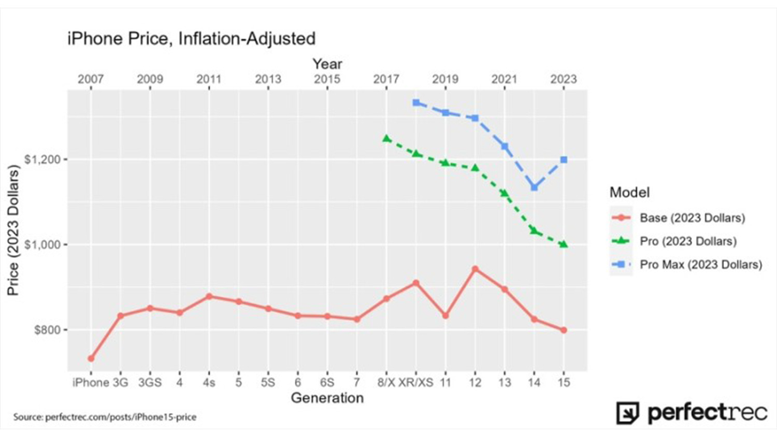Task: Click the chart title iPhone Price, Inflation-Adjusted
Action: tap(191, 39)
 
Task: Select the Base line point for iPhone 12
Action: tap(475, 269)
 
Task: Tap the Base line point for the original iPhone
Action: tap(91, 358)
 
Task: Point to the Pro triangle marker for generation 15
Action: tap(564, 244)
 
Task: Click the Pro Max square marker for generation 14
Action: tap(534, 187)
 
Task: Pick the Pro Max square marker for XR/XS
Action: tap(416, 103)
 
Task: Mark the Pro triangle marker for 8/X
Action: tap(386, 138)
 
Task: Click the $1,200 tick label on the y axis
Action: tap(42, 159)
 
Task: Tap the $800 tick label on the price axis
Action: tap(48, 330)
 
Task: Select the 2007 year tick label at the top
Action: tap(91, 79)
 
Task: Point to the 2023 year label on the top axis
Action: tap(564, 79)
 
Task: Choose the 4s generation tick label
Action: tap(209, 383)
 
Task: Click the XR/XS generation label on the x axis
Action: tap(416, 383)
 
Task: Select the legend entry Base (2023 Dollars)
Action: tap(692, 218)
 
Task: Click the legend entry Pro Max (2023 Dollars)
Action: tap(700, 265)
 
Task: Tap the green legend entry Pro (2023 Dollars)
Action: tap(688, 241)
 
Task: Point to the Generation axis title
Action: tap(327, 398)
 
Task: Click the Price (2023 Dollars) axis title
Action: tap(13, 230)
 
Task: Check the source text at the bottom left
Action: tap(105, 417)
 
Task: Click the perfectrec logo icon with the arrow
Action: tap(627, 413)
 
